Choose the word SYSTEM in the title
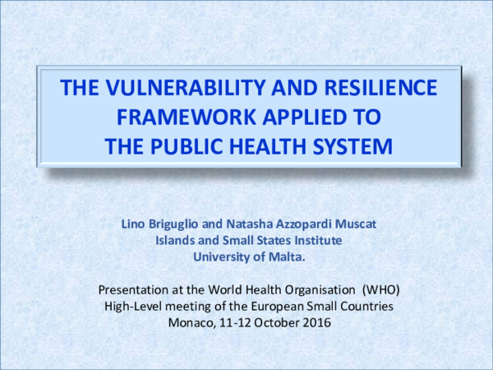click(348, 147)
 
